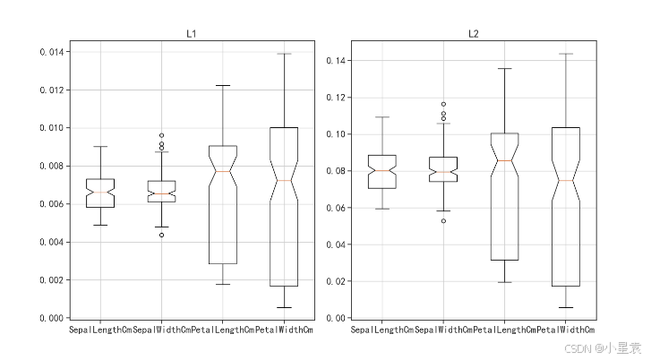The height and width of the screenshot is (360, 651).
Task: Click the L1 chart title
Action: coord(191,34)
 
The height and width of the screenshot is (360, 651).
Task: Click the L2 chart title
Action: coord(474,34)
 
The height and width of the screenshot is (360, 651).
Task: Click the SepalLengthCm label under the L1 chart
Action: coord(100,331)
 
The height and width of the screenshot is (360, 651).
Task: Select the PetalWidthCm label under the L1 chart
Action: coord(283,331)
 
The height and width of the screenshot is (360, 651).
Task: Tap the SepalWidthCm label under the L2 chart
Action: coord(443,331)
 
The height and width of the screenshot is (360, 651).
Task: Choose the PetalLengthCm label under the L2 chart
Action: coord(505,331)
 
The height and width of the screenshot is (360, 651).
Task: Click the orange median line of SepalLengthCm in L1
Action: coord(100,193)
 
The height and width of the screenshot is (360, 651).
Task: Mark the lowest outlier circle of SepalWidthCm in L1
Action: coord(161,235)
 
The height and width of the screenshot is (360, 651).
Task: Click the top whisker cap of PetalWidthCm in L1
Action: coord(283,54)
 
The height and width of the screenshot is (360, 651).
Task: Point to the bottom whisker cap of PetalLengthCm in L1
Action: coord(222,284)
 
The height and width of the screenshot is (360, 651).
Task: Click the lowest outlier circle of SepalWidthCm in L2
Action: coord(443,220)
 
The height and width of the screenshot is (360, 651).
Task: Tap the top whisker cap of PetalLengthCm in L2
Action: coord(505,68)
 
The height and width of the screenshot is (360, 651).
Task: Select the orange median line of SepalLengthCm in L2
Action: coord(381,170)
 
